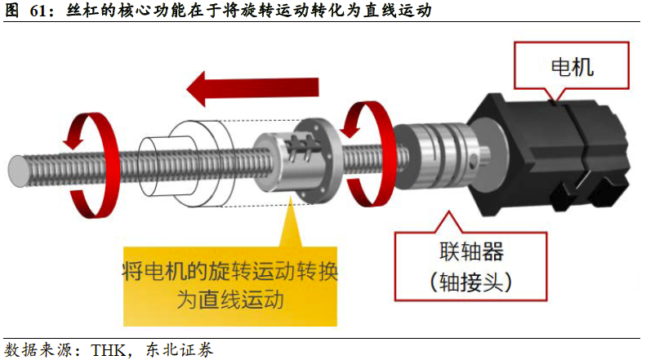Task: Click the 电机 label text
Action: click(572, 67)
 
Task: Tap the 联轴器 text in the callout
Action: click(471, 251)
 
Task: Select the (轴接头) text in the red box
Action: click(471, 282)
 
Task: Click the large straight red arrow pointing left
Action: click(252, 88)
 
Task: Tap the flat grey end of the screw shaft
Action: click(18, 171)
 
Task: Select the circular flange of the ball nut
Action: click(319, 161)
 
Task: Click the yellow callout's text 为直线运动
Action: click(230, 300)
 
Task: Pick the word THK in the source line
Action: click(109, 350)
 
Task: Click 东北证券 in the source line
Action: click(180, 350)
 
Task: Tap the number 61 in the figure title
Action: click(38, 11)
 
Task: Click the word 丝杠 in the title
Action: click(82, 10)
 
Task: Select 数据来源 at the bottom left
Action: click(38, 350)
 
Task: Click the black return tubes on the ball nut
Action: click(305, 146)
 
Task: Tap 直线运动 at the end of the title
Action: click(397, 10)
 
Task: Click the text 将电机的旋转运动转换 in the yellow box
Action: click(230, 271)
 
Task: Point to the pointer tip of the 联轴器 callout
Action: click(449, 211)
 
